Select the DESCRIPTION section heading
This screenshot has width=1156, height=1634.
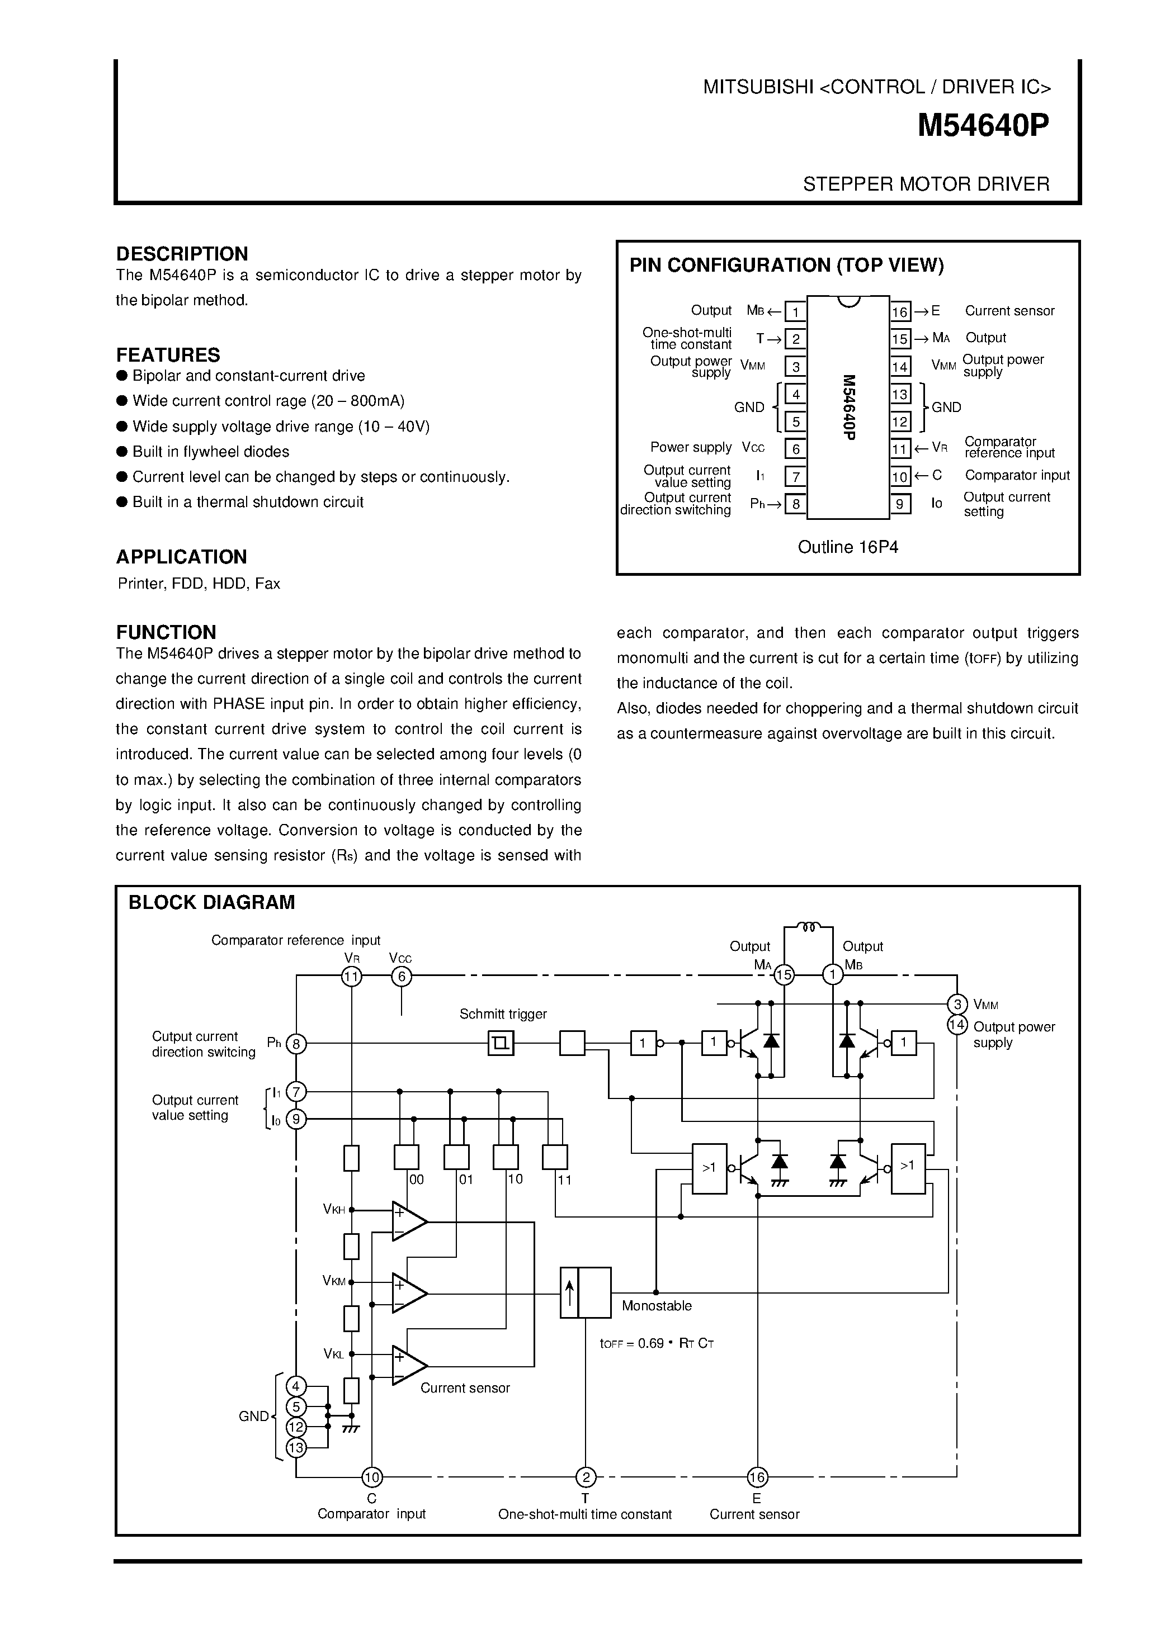(x=182, y=254)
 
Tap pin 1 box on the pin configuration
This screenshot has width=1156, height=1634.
(x=795, y=312)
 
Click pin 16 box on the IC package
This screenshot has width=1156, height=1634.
(x=900, y=312)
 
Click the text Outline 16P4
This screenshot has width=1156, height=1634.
(x=848, y=547)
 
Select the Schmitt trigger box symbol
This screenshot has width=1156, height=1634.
(x=501, y=1044)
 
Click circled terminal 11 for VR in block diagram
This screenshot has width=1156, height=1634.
(x=352, y=977)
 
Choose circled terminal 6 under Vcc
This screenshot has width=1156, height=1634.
(x=402, y=977)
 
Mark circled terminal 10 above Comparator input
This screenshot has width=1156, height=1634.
(x=371, y=1478)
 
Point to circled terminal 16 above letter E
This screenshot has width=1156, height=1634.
(x=757, y=1478)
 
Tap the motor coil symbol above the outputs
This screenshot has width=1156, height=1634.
(x=808, y=927)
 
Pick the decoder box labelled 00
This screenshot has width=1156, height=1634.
(x=407, y=1157)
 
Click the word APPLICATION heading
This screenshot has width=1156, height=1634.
(x=182, y=557)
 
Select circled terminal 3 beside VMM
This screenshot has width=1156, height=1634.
(x=957, y=1004)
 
